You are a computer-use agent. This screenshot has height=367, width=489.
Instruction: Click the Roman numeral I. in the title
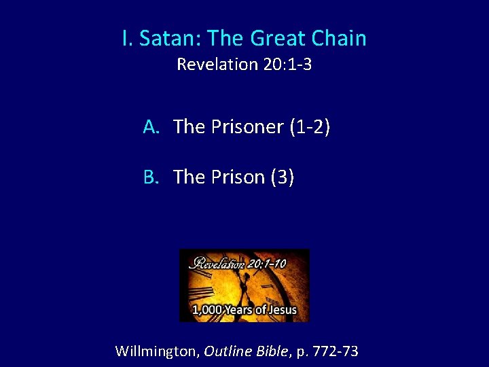pos(128,39)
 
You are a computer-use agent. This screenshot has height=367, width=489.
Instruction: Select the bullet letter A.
pos(151,126)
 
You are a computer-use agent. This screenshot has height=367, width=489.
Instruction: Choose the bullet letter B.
pos(151,177)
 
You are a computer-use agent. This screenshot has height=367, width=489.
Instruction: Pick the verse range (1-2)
pos(310,126)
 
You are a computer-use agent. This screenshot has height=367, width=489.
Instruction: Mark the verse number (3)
pos(283,177)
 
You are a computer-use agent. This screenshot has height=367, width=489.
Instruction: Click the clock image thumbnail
pos(244,285)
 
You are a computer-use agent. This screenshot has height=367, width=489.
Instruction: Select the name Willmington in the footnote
pos(156,351)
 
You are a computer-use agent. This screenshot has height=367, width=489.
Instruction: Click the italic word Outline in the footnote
pos(228,351)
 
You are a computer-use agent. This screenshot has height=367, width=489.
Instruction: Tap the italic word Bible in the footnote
pos(272,351)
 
